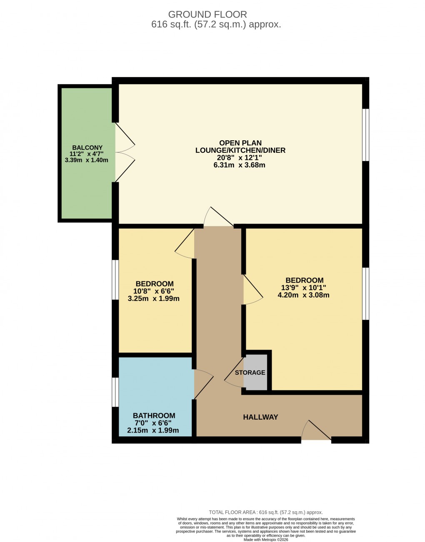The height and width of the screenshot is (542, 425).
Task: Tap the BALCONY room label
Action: pos(87,148)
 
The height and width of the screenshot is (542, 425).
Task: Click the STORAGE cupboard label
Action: pos(250,373)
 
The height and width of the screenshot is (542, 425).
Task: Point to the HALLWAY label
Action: pos(260,417)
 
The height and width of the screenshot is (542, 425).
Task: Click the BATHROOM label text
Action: pos(154,415)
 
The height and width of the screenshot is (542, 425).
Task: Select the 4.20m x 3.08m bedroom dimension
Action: pos(303,295)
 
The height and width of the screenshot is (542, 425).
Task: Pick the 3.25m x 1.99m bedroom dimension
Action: pos(153,298)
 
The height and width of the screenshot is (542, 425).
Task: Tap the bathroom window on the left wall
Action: pos(115,392)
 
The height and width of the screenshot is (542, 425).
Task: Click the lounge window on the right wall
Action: pos(365,135)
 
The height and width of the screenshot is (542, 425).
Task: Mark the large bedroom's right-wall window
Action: pos(365,293)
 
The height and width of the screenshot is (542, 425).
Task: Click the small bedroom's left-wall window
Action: pos(115,280)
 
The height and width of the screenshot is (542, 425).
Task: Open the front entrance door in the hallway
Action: pos(317,431)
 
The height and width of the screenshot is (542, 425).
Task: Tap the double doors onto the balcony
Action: pos(125,152)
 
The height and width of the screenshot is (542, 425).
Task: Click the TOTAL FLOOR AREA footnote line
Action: pos(265,512)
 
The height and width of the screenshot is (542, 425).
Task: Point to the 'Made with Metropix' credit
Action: pos(265,540)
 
